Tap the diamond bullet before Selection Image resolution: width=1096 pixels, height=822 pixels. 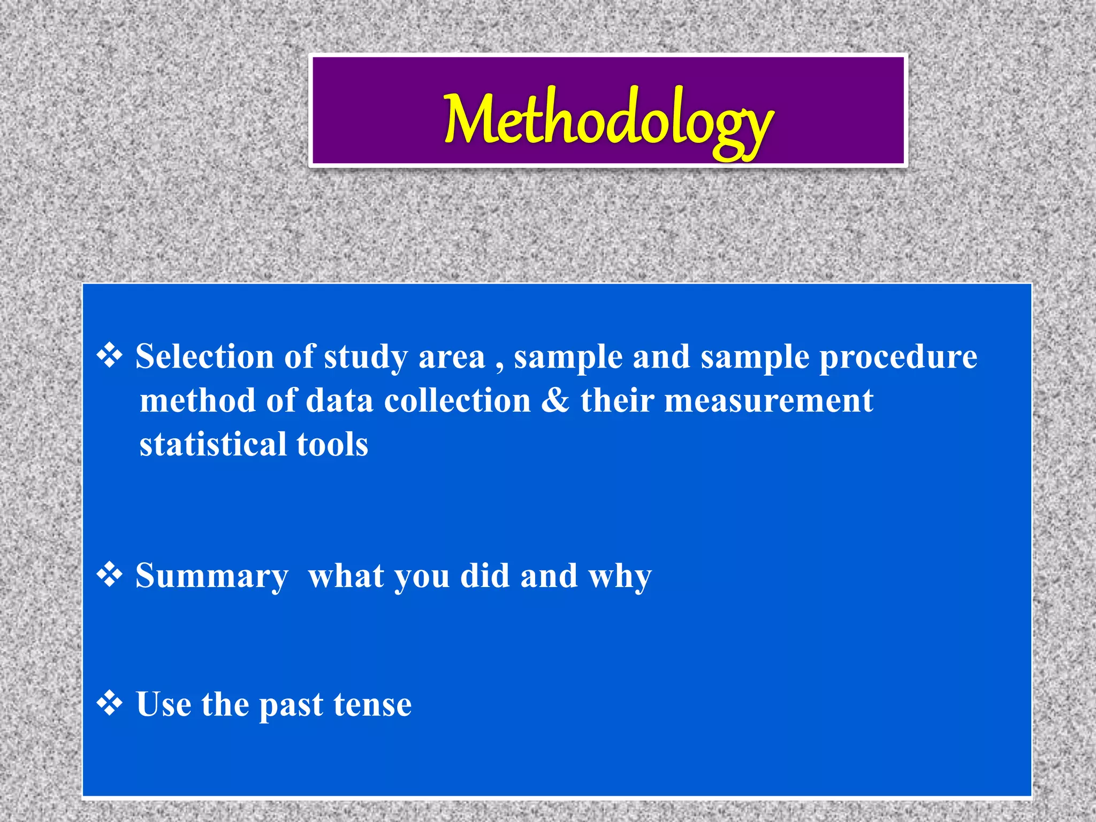pyautogui.click(x=110, y=356)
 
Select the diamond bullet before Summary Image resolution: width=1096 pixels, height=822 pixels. pyautogui.click(x=110, y=575)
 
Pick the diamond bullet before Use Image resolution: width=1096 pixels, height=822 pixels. pyautogui.click(x=110, y=703)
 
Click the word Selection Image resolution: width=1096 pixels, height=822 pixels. pyautogui.click(x=204, y=356)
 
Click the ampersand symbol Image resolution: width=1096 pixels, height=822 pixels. pyautogui.click(x=555, y=400)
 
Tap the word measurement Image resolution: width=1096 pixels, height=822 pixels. pyautogui.click(x=768, y=401)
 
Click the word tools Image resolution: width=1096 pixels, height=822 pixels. pyautogui.click(x=332, y=444)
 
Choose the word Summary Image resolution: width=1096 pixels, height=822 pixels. pyautogui.click(x=211, y=577)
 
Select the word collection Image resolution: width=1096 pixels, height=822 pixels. pyautogui.click(x=457, y=400)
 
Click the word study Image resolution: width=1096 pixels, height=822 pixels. pyautogui.click(x=366, y=357)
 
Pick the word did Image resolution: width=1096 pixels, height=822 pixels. pyautogui.click(x=485, y=576)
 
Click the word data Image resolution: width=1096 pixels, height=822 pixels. pyautogui.click(x=339, y=400)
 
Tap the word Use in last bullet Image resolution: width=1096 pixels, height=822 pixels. pyautogui.click(x=164, y=704)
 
